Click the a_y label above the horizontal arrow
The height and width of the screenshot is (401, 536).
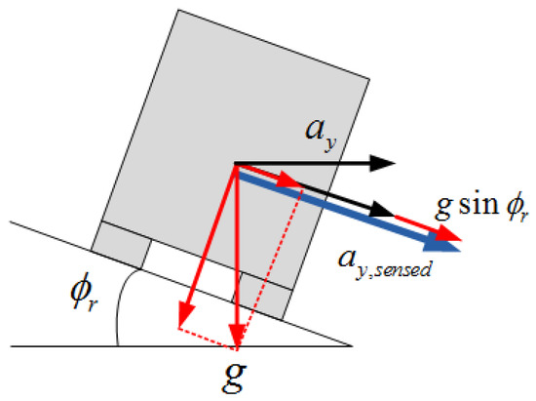pyautogui.click(x=321, y=136)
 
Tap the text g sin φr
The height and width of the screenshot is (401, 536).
pyautogui.click(x=482, y=206)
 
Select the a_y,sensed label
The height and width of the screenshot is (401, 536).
pyautogui.click(x=385, y=264)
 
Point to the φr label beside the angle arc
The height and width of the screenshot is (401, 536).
pyautogui.click(x=85, y=291)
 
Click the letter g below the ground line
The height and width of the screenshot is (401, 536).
pyautogui.click(x=235, y=379)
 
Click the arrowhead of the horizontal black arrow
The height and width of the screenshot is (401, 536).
pyautogui.click(x=383, y=163)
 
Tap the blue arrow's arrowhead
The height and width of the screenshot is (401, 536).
pyautogui.click(x=442, y=245)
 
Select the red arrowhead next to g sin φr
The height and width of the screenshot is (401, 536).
pyautogui.click(x=448, y=233)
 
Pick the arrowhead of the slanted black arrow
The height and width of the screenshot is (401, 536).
pyautogui.click(x=382, y=210)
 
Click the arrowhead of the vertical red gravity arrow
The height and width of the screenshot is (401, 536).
pyautogui.click(x=237, y=336)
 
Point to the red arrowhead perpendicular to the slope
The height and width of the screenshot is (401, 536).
pyautogui.click(x=185, y=315)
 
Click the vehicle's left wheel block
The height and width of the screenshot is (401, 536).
pyautogui.click(x=122, y=245)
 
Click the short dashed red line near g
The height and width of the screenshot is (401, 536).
pyautogui.click(x=208, y=340)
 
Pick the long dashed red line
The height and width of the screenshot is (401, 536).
pyautogui.click(x=270, y=268)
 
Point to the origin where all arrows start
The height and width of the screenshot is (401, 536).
pyautogui.click(x=235, y=164)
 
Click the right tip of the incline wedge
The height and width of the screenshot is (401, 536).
pyautogui.click(x=352, y=346)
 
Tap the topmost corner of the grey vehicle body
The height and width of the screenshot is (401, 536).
pyautogui.click(x=178, y=10)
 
